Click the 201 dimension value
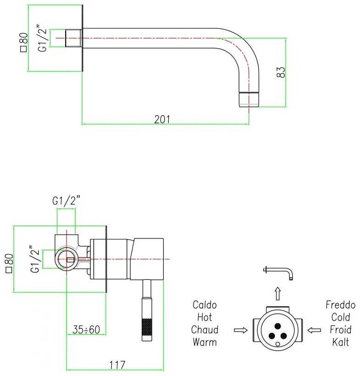click(x=162, y=119)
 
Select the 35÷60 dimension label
click(x=87, y=329)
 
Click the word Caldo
click(x=205, y=305)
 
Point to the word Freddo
click(x=341, y=305)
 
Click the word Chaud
click(x=205, y=330)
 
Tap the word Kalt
click(x=341, y=342)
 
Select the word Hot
click(x=205, y=317)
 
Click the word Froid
click(x=341, y=330)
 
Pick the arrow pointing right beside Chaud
click(x=240, y=330)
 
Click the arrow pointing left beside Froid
click(x=314, y=330)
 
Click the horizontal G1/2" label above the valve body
click(x=66, y=201)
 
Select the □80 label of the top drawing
click(x=24, y=42)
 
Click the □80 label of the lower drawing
click(x=9, y=264)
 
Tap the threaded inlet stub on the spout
click(x=73, y=38)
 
